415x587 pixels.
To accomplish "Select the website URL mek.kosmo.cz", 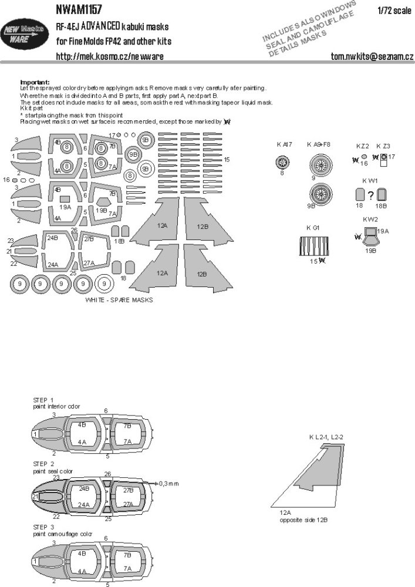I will [x=110, y=56].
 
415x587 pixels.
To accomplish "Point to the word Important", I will [x=35, y=82].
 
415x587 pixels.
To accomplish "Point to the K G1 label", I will [x=312, y=227].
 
